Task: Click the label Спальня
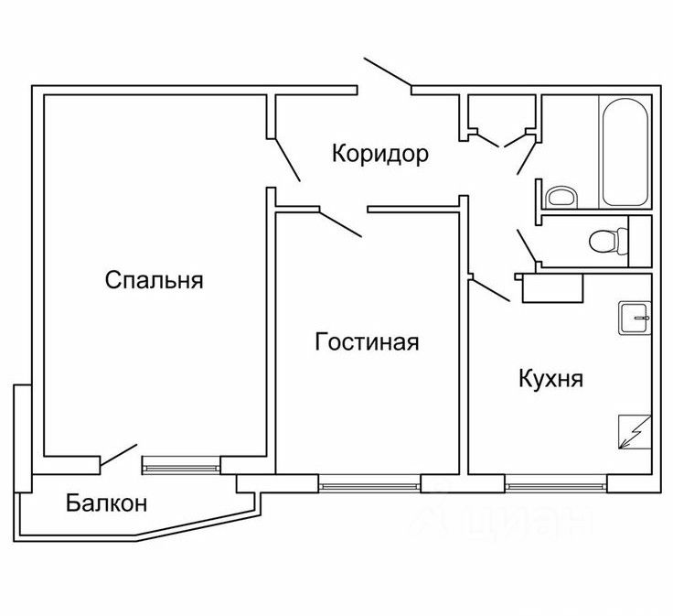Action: coord(154,280)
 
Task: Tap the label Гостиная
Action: coord(367,342)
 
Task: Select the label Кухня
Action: coord(550,379)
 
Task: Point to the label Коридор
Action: coord(380,154)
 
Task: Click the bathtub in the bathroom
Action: coord(625,153)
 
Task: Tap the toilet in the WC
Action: coord(608,241)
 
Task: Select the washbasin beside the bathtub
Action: coord(560,197)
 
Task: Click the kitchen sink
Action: coord(635,318)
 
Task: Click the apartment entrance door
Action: coord(388,73)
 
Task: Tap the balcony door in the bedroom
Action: coord(118,455)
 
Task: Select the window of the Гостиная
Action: coord(369,481)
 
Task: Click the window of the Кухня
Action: coord(555,481)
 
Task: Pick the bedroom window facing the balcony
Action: coord(181,466)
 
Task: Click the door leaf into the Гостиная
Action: coord(341,223)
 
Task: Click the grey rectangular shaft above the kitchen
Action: coord(551,288)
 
